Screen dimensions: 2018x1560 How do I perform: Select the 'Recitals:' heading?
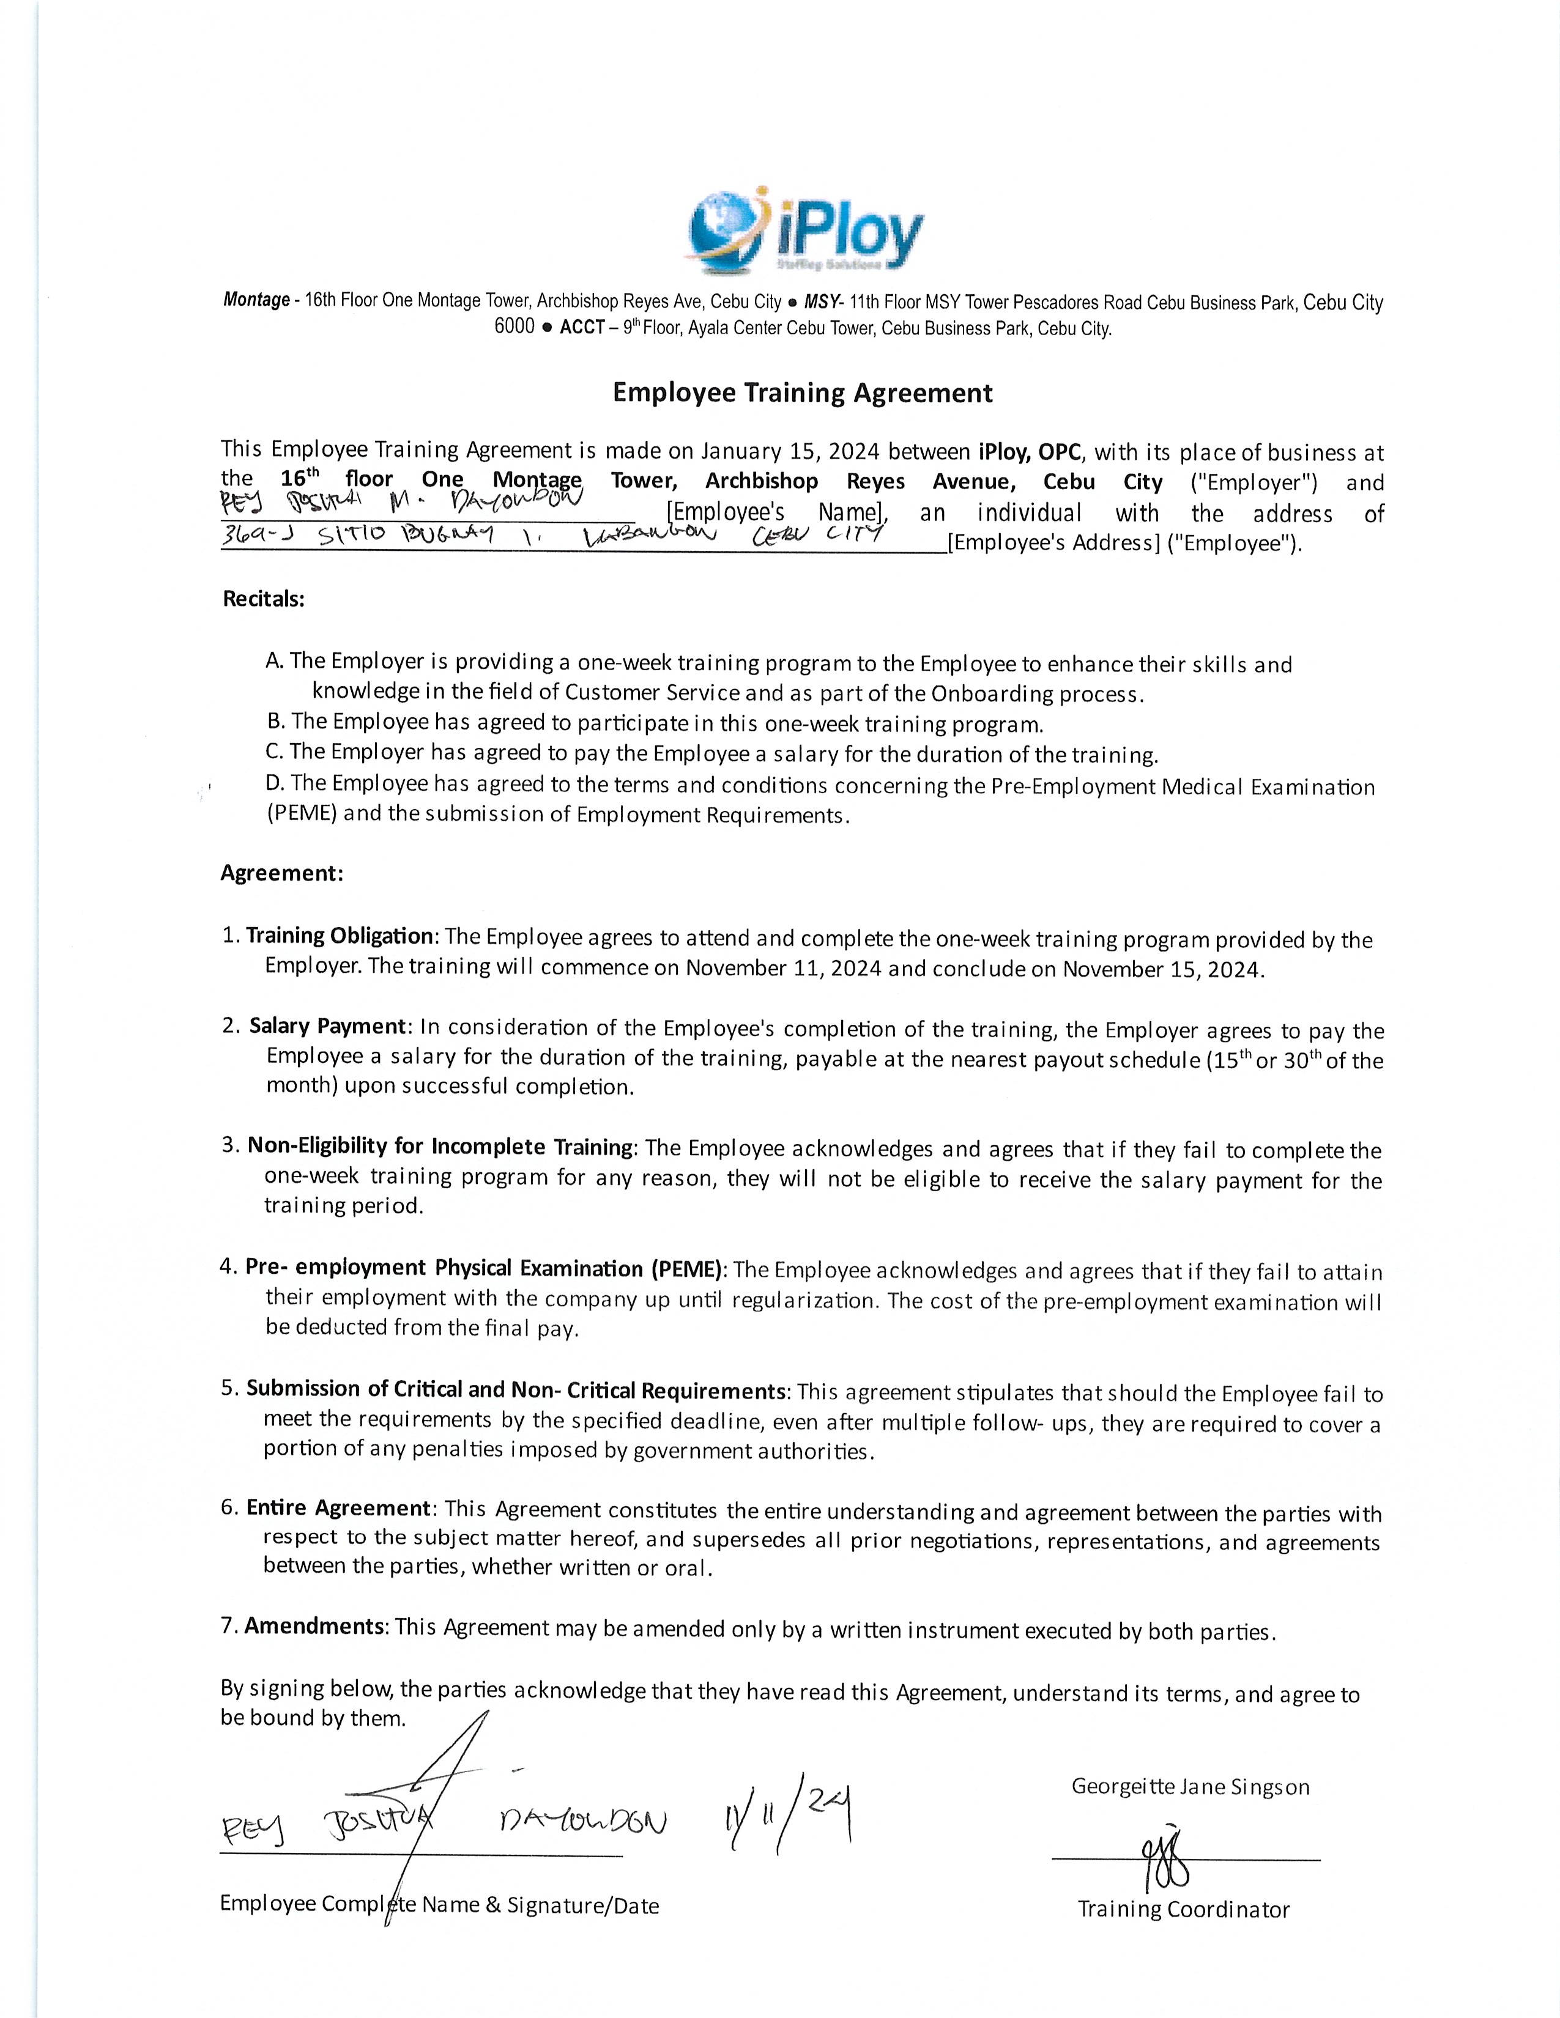(264, 599)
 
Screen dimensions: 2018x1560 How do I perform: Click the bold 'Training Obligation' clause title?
(339, 936)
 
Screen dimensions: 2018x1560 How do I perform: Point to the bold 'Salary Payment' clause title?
(328, 1027)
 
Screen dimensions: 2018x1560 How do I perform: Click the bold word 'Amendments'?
(314, 1626)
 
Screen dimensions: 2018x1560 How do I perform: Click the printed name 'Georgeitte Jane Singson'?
(1190, 1786)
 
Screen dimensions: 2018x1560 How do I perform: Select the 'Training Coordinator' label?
(1183, 1909)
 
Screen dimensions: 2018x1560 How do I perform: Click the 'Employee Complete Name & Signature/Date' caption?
(440, 1904)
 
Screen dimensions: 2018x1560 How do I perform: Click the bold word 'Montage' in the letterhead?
(256, 300)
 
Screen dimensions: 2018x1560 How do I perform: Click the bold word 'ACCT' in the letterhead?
(582, 328)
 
